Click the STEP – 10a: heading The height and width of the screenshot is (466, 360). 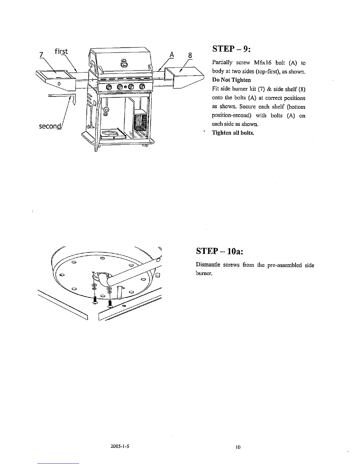[220, 252]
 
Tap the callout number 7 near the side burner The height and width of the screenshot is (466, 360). [41, 55]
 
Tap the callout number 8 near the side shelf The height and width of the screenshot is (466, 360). [190, 55]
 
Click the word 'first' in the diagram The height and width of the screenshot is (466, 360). [61, 51]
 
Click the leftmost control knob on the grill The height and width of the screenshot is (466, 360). [109, 87]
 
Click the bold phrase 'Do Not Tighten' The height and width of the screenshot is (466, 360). [231, 80]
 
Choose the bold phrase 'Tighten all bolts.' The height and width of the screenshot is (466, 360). [233, 133]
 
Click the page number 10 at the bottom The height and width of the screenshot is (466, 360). [238, 447]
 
